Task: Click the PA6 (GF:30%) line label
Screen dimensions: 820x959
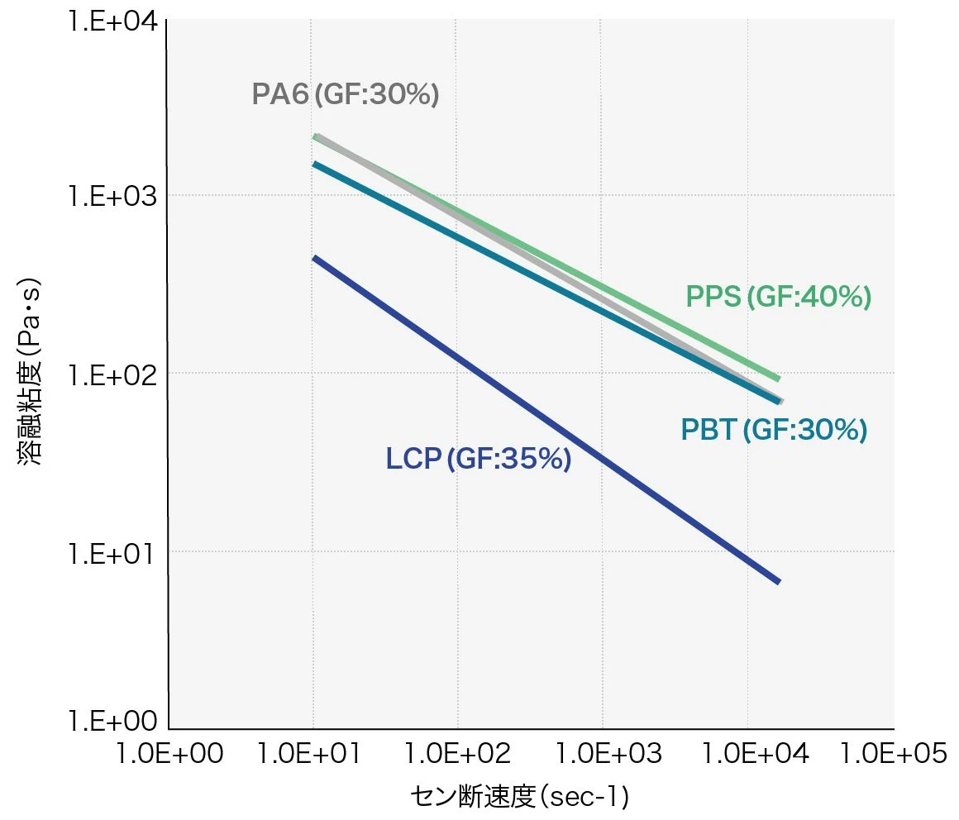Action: (346, 95)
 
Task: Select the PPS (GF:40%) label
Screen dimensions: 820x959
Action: (779, 297)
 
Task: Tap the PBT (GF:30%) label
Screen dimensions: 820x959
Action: (774, 430)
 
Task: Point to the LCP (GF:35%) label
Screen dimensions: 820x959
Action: (479, 459)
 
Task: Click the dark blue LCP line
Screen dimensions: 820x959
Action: (546, 420)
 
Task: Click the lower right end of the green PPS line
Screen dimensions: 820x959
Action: (777, 378)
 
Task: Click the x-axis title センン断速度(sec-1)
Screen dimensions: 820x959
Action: (520, 797)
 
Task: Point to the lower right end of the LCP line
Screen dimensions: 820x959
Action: (777, 581)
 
